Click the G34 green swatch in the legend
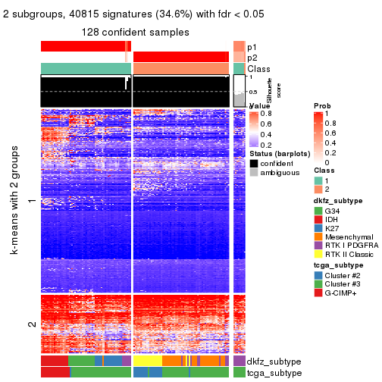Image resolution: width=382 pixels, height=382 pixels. pyautogui.click(x=318, y=210)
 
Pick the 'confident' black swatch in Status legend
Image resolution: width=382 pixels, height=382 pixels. pyautogui.click(x=253, y=164)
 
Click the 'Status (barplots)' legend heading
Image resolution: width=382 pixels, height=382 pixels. pyautogui.click(x=278, y=154)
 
